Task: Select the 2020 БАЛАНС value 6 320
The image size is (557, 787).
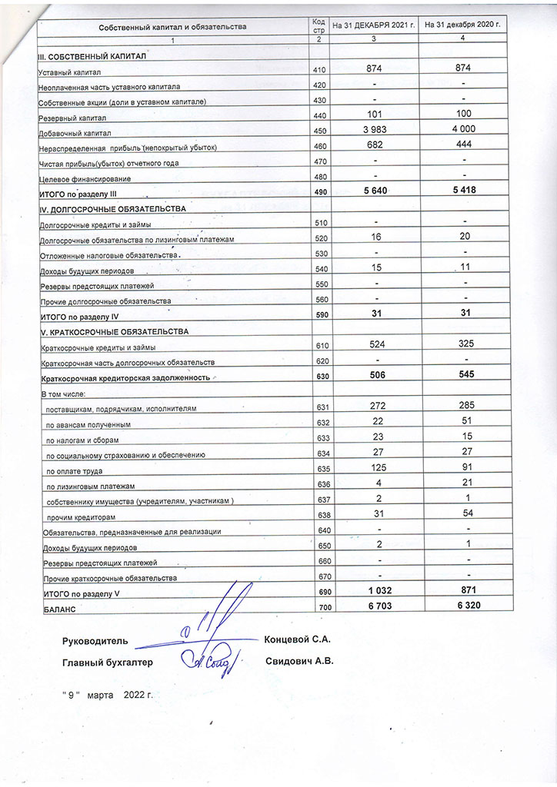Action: point(462,607)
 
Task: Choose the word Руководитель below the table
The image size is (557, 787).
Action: point(95,641)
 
